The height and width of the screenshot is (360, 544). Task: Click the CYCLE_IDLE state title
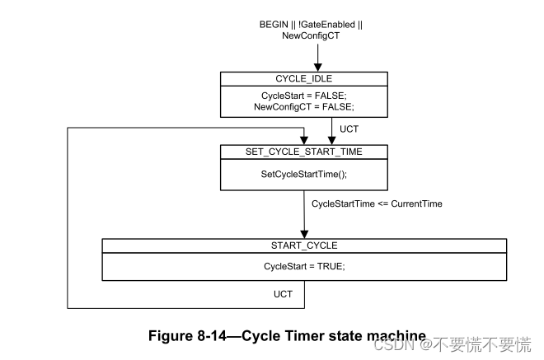pos(304,78)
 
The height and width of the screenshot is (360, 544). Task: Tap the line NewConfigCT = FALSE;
pos(304,106)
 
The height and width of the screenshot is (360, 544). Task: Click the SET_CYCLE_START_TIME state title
pos(304,152)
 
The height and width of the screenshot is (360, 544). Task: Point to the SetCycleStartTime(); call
pos(304,175)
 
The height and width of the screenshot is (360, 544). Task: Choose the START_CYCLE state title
pos(304,245)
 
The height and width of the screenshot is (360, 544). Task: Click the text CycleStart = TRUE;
pos(304,266)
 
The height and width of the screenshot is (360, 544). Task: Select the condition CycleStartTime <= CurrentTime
pos(377,203)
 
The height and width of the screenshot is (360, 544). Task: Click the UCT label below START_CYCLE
pos(283,294)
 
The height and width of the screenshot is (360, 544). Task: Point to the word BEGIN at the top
pos(274,25)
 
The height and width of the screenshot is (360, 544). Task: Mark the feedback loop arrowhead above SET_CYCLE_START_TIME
pos(304,141)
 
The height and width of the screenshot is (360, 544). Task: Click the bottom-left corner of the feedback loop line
pos(68,307)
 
